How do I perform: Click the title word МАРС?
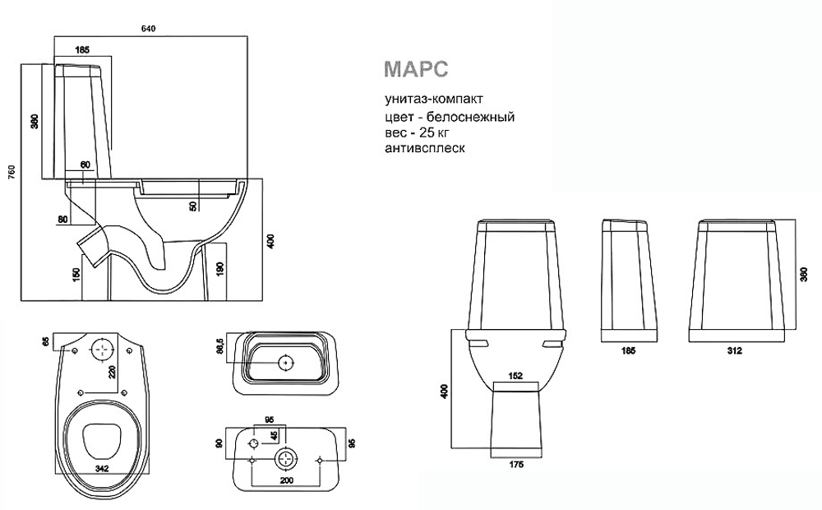tap(416, 69)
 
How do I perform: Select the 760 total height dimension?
tap(12, 173)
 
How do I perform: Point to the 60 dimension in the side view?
tap(85, 165)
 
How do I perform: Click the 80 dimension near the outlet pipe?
tap(62, 220)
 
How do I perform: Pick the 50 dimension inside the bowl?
tap(193, 206)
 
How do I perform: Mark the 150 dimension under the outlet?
tap(76, 275)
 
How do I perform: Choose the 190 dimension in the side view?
tap(220, 269)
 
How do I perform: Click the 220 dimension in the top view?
tap(112, 372)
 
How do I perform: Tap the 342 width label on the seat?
tap(102, 469)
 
